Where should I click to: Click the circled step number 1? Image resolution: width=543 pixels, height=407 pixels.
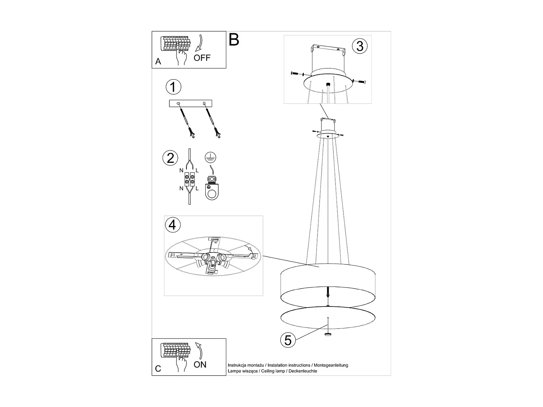tap(173, 87)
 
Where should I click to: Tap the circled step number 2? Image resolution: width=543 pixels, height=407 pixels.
tap(171, 158)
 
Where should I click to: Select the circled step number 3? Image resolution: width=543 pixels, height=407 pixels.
tap(359, 46)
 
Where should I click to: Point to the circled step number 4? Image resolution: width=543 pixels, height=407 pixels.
tap(172, 224)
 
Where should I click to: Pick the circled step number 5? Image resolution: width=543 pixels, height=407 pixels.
tap(288, 340)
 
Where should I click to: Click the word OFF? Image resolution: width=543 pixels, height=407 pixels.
tap(202, 58)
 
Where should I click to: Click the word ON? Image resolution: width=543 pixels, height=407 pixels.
tap(200, 364)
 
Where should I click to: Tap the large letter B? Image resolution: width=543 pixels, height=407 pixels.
tap(234, 40)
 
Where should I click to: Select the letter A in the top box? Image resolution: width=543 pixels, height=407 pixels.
tap(158, 62)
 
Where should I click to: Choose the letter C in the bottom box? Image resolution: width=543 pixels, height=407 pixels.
tap(158, 369)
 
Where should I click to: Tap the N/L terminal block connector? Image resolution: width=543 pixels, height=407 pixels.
tap(189, 179)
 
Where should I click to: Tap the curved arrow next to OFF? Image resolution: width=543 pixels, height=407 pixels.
tap(199, 43)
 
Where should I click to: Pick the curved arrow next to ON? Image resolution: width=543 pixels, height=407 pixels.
tap(199, 350)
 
